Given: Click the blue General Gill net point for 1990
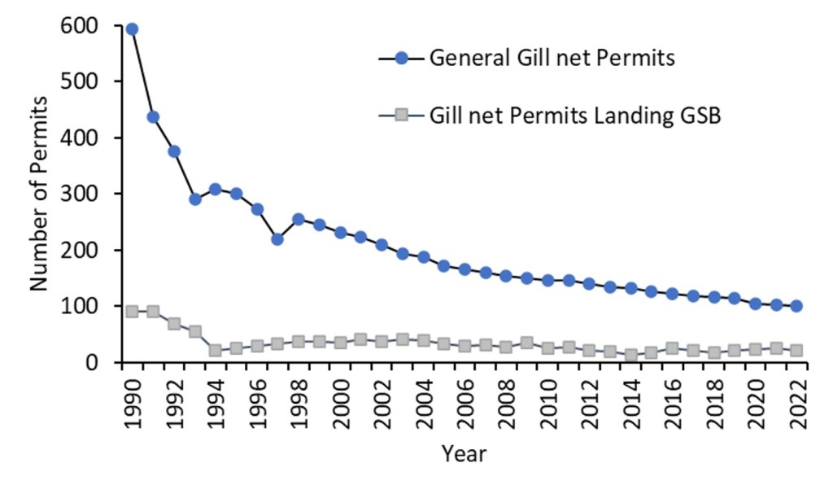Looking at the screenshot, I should coord(132,29).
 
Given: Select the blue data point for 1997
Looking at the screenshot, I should coord(277,239).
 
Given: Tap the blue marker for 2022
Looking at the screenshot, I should coord(796,306).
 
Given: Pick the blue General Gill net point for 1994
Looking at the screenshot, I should coord(215,189).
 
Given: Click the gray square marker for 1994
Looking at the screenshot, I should coord(215,350).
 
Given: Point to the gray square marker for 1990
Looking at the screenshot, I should coord(132,312).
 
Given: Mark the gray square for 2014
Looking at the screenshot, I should coord(630,355).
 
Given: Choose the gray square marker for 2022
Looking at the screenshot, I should coord(796,350).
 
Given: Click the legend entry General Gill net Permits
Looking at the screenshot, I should coord(553,59).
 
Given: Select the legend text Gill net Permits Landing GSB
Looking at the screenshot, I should coord(576,115).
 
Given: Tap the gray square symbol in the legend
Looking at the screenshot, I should coord(400,115).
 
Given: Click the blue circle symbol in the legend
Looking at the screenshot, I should coord(400,59).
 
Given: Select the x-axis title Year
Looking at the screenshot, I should coord(464,453).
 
